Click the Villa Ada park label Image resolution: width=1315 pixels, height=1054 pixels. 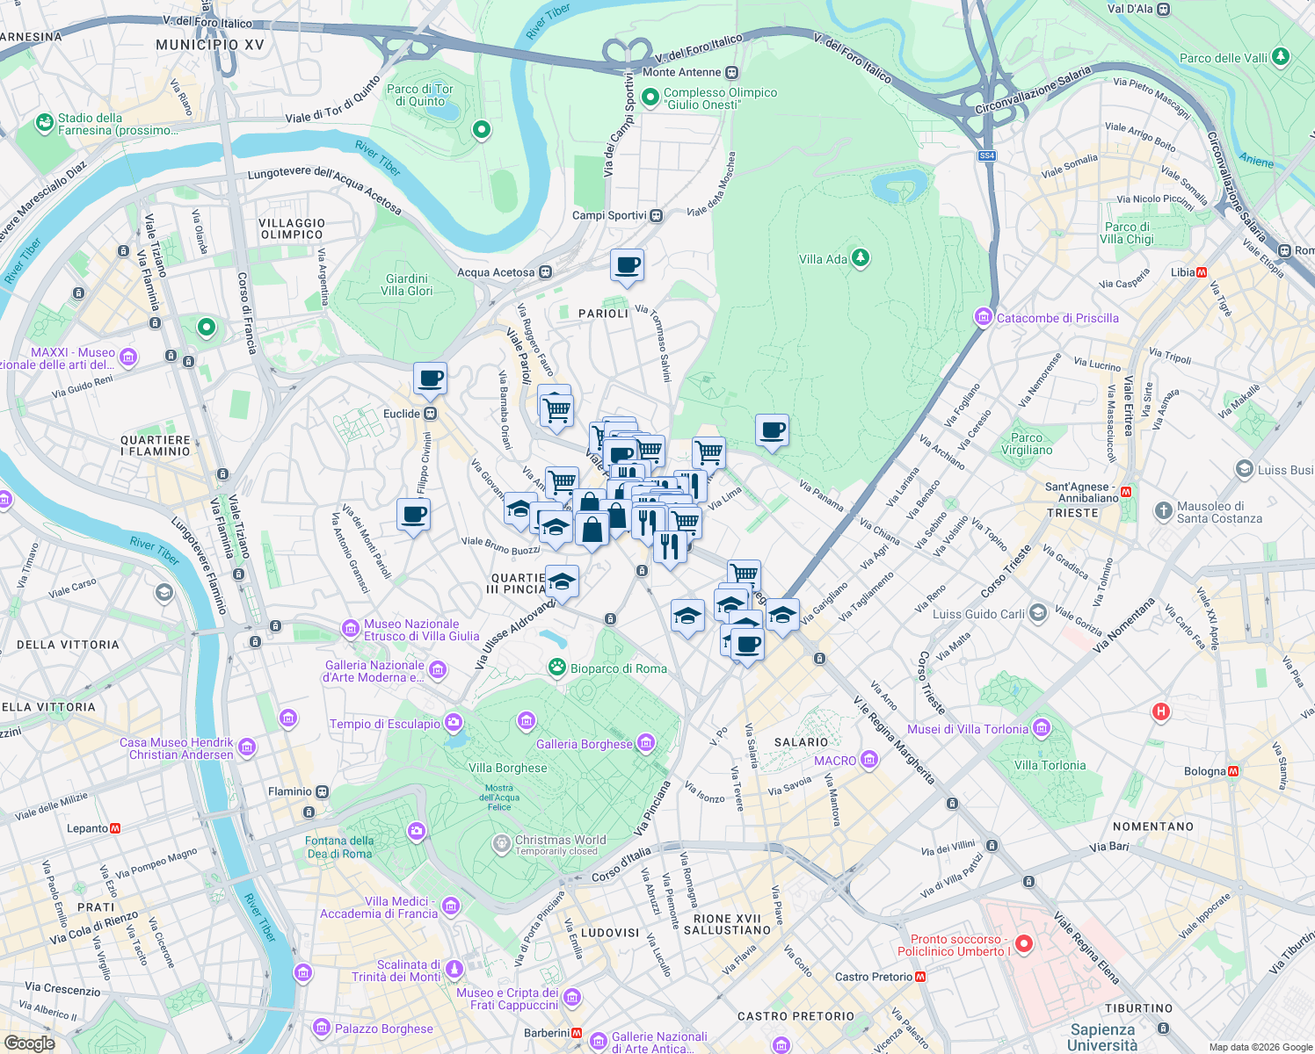tap(823, 259)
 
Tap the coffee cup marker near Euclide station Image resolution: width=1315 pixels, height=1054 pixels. tap(430, 379)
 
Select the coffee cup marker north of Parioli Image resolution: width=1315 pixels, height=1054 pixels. tap(627, 265)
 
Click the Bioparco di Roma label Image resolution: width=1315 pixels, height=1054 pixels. tap(618, 668)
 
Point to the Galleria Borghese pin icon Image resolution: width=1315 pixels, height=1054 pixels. tap(646, 743)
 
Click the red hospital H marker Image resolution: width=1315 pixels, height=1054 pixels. tap(1160, 711)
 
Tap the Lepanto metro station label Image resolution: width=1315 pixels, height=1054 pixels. tap(87, 828)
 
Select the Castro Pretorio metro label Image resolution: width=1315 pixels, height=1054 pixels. tap(874, 977)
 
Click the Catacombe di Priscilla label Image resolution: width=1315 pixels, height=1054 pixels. tap(1057, 318)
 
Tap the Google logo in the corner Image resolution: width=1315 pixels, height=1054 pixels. tap(29, 1043)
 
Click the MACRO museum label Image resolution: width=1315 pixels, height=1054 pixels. tap(835, 761)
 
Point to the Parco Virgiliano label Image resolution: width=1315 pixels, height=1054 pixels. tap(1026, 444)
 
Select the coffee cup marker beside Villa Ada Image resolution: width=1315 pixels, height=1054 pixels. tap(772, 431)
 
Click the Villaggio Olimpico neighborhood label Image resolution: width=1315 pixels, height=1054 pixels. tap(292, 228)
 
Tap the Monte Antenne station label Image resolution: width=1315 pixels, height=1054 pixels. tap(681, 72)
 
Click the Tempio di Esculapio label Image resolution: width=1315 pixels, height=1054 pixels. tap(385, 724)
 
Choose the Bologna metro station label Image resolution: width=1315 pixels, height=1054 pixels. tap(1204, 771)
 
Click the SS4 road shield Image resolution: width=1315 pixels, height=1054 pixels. tap(987, 155)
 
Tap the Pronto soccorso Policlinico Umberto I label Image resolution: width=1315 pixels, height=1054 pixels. tap(955, 945)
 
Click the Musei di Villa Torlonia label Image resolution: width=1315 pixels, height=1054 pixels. tap(967, 729)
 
